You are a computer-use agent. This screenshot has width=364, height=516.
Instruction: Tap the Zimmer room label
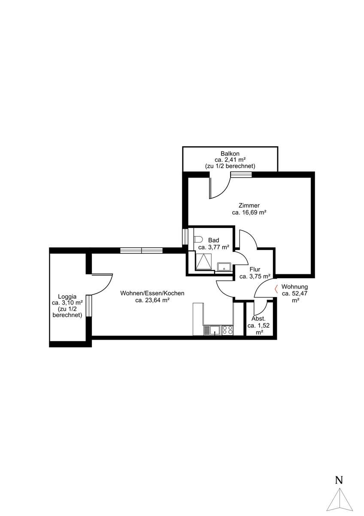[x=249, y=205]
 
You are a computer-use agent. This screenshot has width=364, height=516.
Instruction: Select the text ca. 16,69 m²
[x=249, y=212]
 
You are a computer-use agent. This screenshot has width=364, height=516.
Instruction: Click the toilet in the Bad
[x=197, y=240]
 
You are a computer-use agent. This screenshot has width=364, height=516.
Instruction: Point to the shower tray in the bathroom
[x=203, y=261]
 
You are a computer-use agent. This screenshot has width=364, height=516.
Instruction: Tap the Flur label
[x=255, y=269]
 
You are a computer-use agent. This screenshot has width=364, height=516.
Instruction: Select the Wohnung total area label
[x=294, y=293]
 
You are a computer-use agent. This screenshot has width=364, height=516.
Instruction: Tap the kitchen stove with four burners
[x=227, y=330]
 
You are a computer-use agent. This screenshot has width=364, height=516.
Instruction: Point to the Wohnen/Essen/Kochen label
[x=152, y=293]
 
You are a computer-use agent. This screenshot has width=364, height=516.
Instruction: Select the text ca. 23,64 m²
[x=152, y=300]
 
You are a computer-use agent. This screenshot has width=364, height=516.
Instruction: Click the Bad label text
[x=214, y=240]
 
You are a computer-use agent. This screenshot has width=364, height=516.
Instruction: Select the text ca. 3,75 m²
[x=255, y=276]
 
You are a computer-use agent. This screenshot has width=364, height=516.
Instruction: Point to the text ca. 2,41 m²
[x=230, y=160]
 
